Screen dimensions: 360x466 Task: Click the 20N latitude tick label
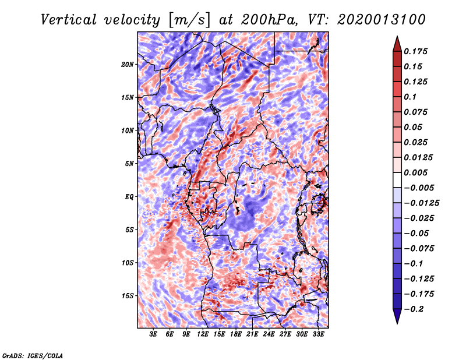[128, 64]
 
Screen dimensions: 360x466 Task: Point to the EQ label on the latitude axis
[129, 197]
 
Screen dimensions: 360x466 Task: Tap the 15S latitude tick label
[128, 296]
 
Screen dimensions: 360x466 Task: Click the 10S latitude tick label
[128, 263]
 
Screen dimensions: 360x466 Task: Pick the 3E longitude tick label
[154, 335]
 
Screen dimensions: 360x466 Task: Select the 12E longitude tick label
[203, 335]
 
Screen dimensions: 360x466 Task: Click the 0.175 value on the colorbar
[417, 51]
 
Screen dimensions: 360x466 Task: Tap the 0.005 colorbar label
[417, 172]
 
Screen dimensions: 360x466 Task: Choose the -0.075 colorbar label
[419, 248]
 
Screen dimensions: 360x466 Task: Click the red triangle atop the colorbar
[397, 43]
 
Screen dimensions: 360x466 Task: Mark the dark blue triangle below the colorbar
[397, 316]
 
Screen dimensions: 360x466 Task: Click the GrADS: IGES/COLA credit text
[33, 355]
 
